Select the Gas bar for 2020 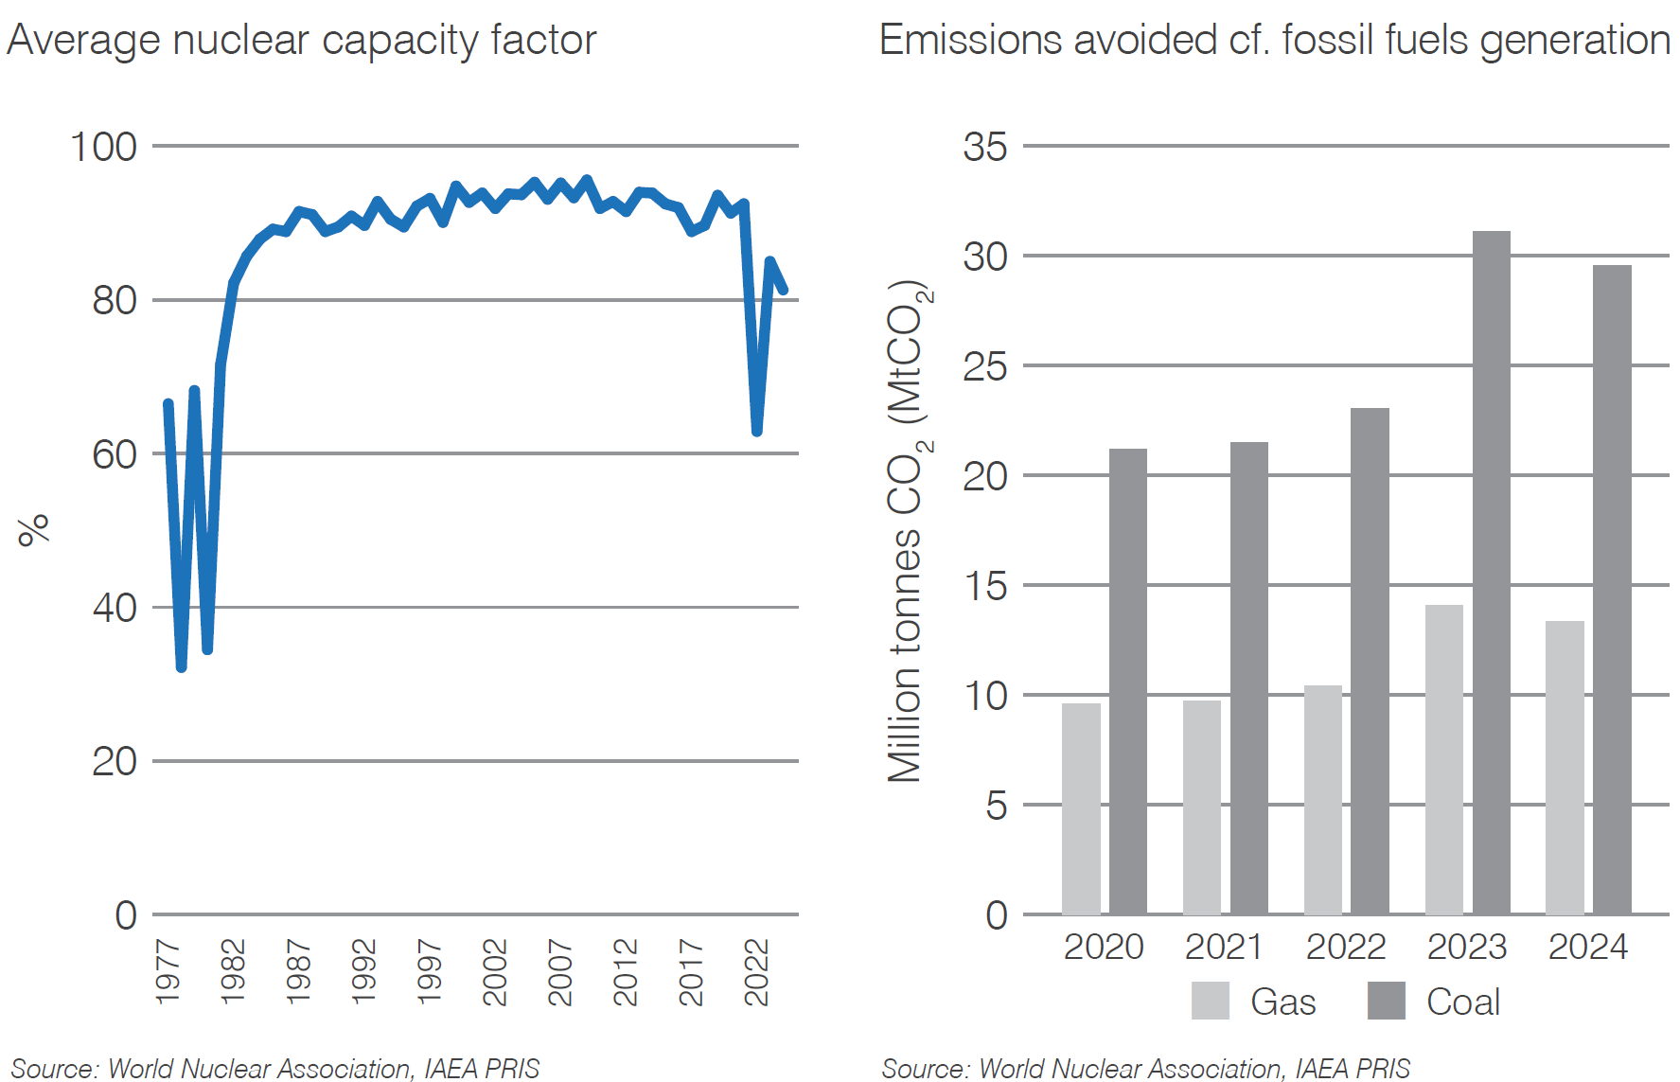[1081, 809]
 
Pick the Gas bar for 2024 [1565, 768]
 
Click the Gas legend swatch [1210, 1001]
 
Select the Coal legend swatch [1386, 1001]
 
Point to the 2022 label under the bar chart [1345, 947]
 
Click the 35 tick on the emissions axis [984, 148]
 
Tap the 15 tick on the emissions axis [984, 587]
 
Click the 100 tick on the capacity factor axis [103, 148]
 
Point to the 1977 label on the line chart [168, 972]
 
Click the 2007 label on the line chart [560, 972]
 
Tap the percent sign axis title [34, 530]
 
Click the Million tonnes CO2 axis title [907, 530]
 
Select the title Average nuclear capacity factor [301, 41]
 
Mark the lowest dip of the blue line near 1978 [181, 667]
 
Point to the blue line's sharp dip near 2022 [756, 432]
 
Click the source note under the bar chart [1145, 1069]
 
